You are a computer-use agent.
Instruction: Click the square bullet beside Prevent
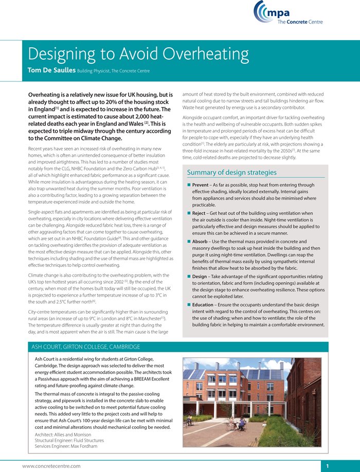(x=189, y=185)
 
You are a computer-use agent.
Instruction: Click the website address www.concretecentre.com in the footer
(x=51, y=466)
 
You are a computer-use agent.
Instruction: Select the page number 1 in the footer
(x=327, y=466)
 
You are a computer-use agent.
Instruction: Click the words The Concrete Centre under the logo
(x=300, y=22)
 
